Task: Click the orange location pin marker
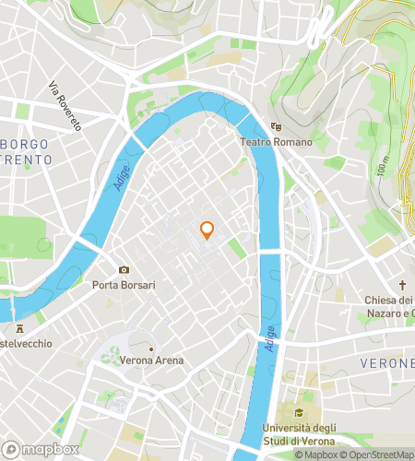tap(207, 230)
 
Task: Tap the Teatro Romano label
tap(276, 142)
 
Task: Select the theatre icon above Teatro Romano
tap(276, 127)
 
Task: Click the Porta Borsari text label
tap(124, 285)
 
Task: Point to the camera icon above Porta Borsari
tap(124, 269)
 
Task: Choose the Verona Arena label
tap(150, 360)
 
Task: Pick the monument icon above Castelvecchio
tap(18, 328)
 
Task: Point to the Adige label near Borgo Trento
tap(120, 174)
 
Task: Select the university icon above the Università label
tap(299, 411)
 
